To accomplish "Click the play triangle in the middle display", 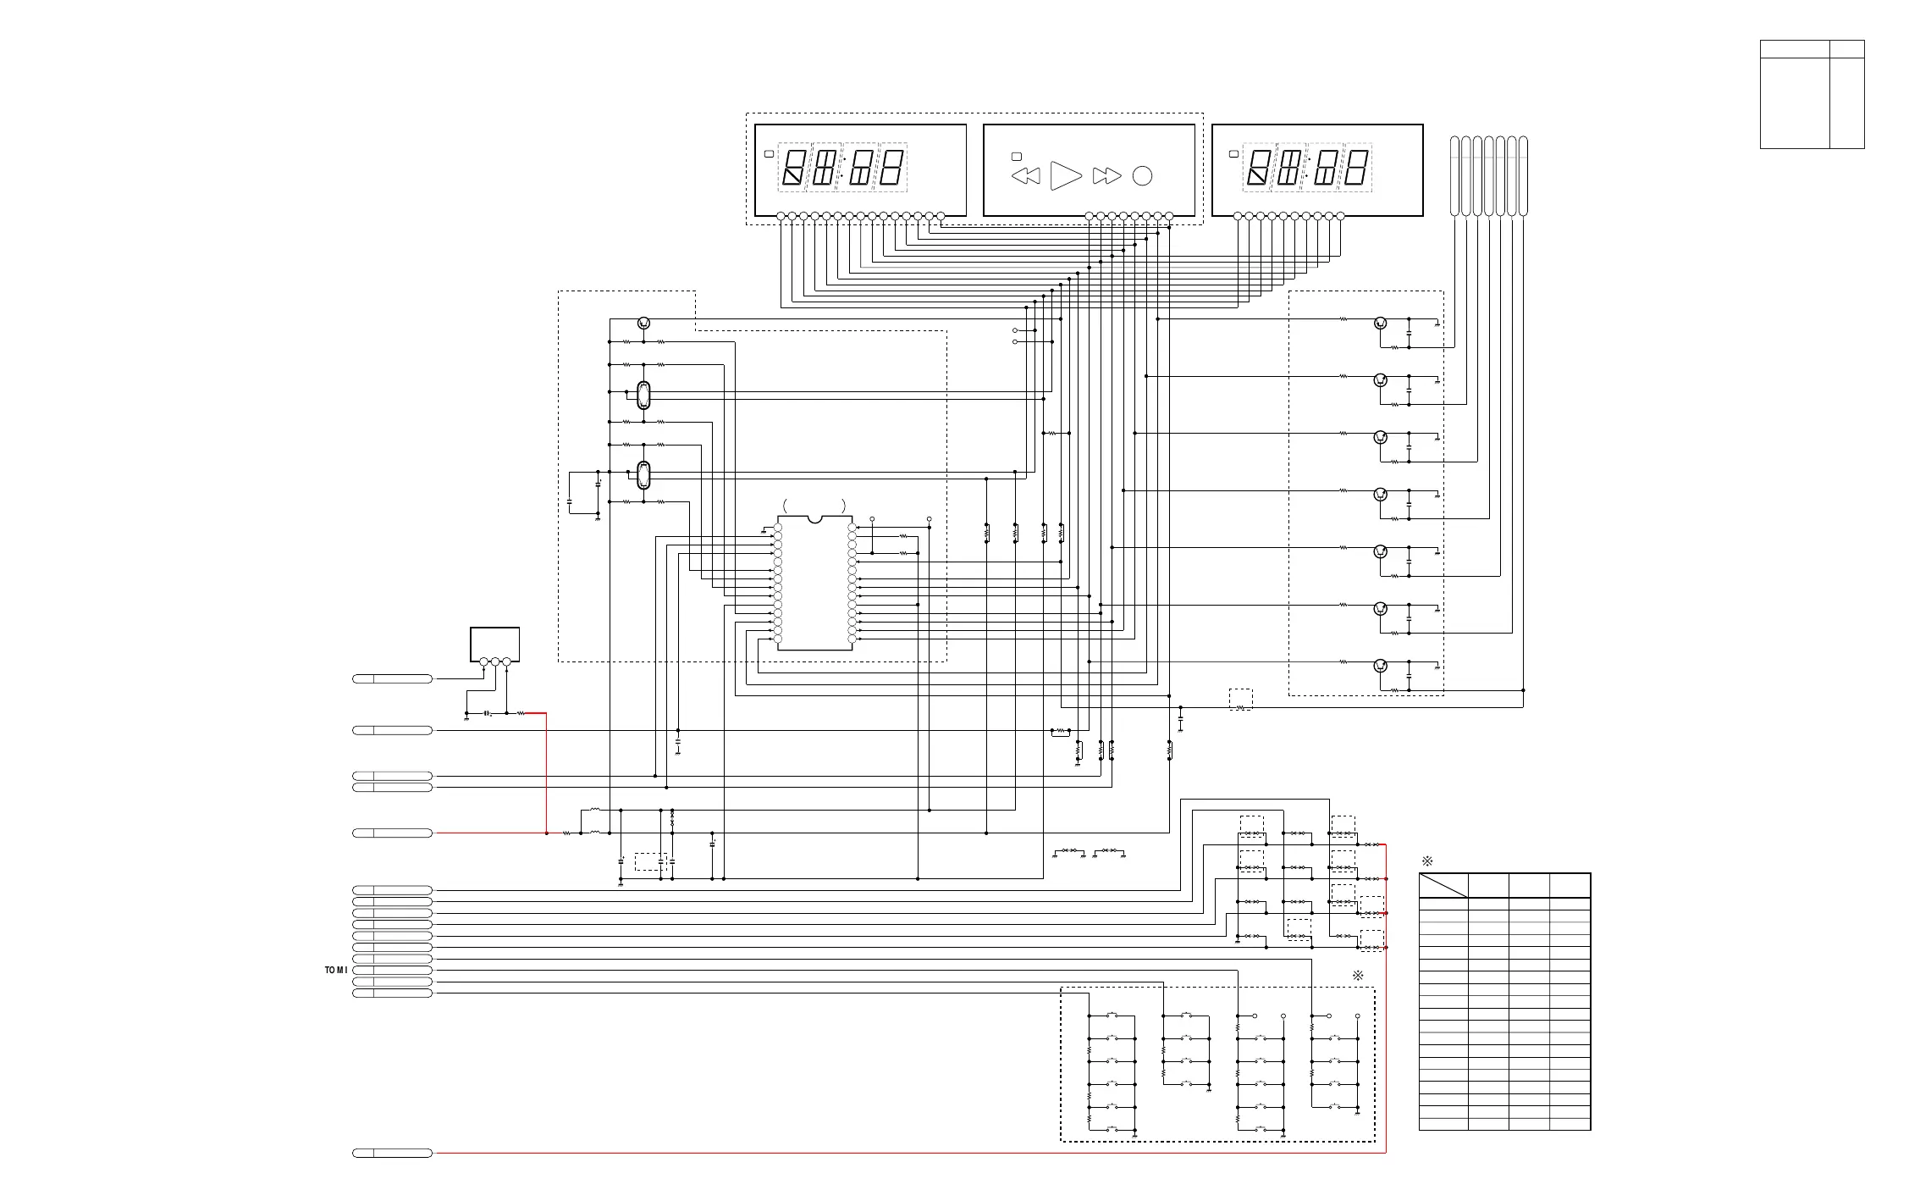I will pos(1065,175).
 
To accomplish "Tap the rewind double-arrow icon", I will pos(1026,176).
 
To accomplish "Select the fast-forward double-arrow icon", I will pos(1106,176).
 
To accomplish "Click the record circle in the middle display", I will pos(1142,176).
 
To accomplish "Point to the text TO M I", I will pos(336,970).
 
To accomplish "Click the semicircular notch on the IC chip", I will pos(814,519).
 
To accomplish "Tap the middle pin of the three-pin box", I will pos(495,662).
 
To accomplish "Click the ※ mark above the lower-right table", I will pos(1427,861).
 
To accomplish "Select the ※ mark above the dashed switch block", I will pos(1358,976).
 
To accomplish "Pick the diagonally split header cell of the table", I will pos(1443,886).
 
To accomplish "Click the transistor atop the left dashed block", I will pos(644,323).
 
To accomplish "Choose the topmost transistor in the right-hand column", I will pos(1380,323).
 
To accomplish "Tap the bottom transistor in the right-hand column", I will pos(1380,666).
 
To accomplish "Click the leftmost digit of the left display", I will pos(793,167).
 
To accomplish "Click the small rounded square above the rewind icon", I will pos(1017,157).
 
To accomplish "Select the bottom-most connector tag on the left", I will pos(392,1153).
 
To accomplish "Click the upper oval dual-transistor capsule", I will pos(643,396).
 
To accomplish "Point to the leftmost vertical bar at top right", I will pos(1454,175).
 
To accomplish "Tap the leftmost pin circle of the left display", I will pos(781,217).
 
